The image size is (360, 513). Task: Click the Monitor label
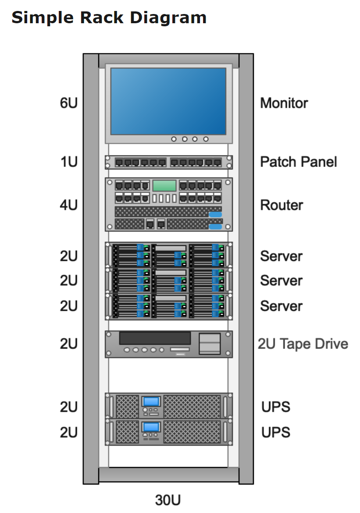pyautogui.click(x=284, y=103)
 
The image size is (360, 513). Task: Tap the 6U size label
pyautogui.click(x=68, y=103)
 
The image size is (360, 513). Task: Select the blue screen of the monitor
pyautogui.click(x=168, y=101)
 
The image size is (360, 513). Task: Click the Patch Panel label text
pyautogui.click(x=298, y=162)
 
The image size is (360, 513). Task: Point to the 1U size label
pyautogui.click(x=68, y=162)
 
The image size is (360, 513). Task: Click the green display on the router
pyautogui.click(x=164, y=186)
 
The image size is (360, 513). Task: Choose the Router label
pyautogui.click(x=282, y=205)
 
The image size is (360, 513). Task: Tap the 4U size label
pyautogui.click(x=68, y=205)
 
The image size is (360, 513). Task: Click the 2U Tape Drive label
pyautogui.click(x=303, y=344)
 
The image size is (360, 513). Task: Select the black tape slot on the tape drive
pyautogui.click(x=155, y=338)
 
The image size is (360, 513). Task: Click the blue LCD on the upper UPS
pyautogui.click(x=152, y=401)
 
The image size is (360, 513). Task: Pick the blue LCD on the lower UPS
pyautogui.click(x=152, y=427)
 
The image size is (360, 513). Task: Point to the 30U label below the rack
pyautogui.click(x=168, y=500)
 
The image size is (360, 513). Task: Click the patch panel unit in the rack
pyautogui.click(x=168, y=162)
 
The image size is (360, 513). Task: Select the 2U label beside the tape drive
pyautogui.click(x=68, y=344)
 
